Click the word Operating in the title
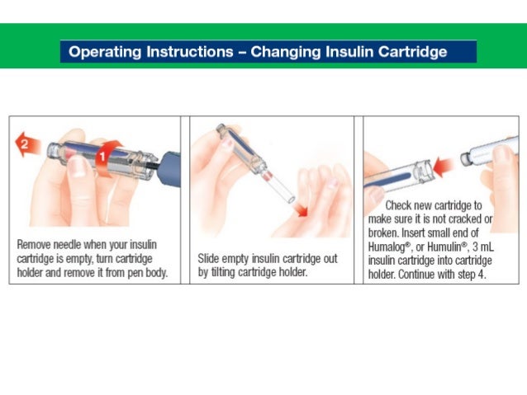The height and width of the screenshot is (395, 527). (104, 52)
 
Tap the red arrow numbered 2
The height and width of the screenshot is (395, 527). (28, 145)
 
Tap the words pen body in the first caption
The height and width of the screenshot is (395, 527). (143, 273)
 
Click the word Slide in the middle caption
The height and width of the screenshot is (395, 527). (210, 259)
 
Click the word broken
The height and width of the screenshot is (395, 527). (385, 233)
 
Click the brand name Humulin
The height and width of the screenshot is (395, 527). (450, 246)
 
